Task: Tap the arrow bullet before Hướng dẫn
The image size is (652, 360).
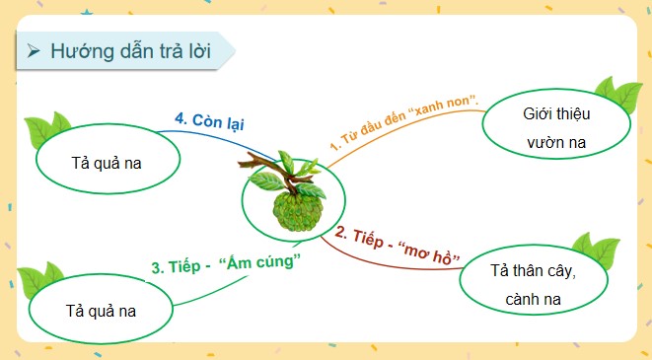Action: tap(35, 52)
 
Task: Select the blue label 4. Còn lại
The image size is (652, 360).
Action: tap(209, 123)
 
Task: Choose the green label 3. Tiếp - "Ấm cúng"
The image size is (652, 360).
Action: tap(226, 264)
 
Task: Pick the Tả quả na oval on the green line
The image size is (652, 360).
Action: tap(101, 310)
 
